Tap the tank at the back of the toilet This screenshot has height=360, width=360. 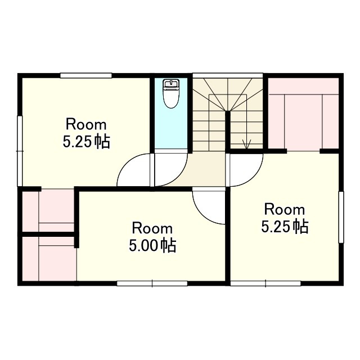(170, 85)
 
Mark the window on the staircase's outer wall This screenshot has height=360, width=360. (228, 74)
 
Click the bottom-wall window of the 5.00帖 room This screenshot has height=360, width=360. (152, 283)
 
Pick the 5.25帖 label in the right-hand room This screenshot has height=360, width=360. (285, 227)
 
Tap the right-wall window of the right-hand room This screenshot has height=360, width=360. (340, 217)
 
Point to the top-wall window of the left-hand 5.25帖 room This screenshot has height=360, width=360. (86, 75)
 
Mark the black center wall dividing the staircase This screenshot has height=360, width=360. (228, 132)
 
